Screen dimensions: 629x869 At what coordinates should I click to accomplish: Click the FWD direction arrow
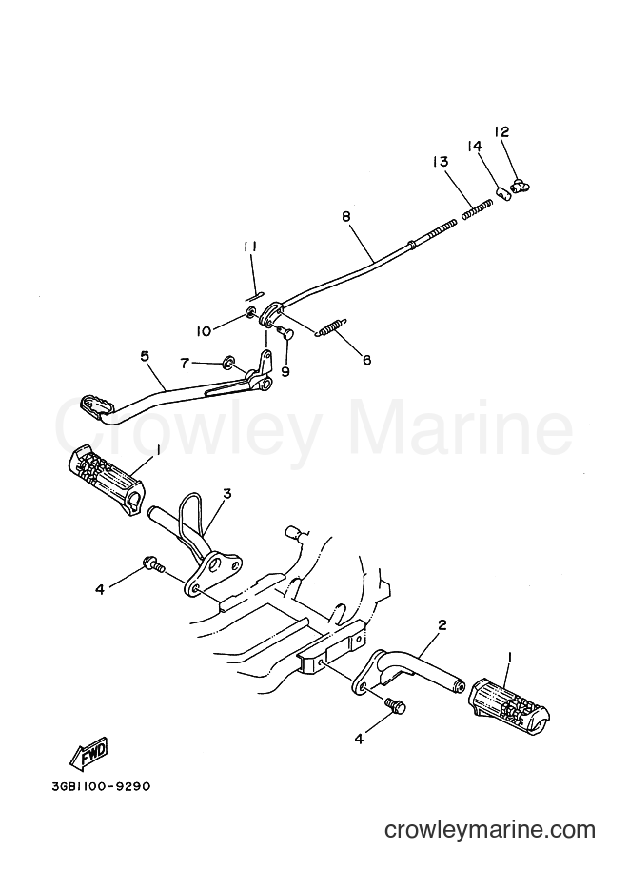coord(88,754)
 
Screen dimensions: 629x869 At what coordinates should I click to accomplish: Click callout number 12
coord(501,132)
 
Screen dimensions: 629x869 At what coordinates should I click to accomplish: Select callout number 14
coord(475,147)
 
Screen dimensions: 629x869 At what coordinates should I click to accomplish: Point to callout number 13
coord(441,162)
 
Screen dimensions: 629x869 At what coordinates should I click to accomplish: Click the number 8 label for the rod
coord(346,216)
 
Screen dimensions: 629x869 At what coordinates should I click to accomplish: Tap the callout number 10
coord(204,331)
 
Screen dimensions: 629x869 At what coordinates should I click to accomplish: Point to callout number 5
coord(145,355)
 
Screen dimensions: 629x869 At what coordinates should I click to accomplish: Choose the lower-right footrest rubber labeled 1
coord(509,701)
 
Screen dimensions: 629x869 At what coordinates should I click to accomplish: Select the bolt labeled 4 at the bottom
coord(396,706)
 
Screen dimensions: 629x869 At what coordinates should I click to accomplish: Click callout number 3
coord(227,492)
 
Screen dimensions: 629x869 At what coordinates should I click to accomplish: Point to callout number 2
coord(442,625)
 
